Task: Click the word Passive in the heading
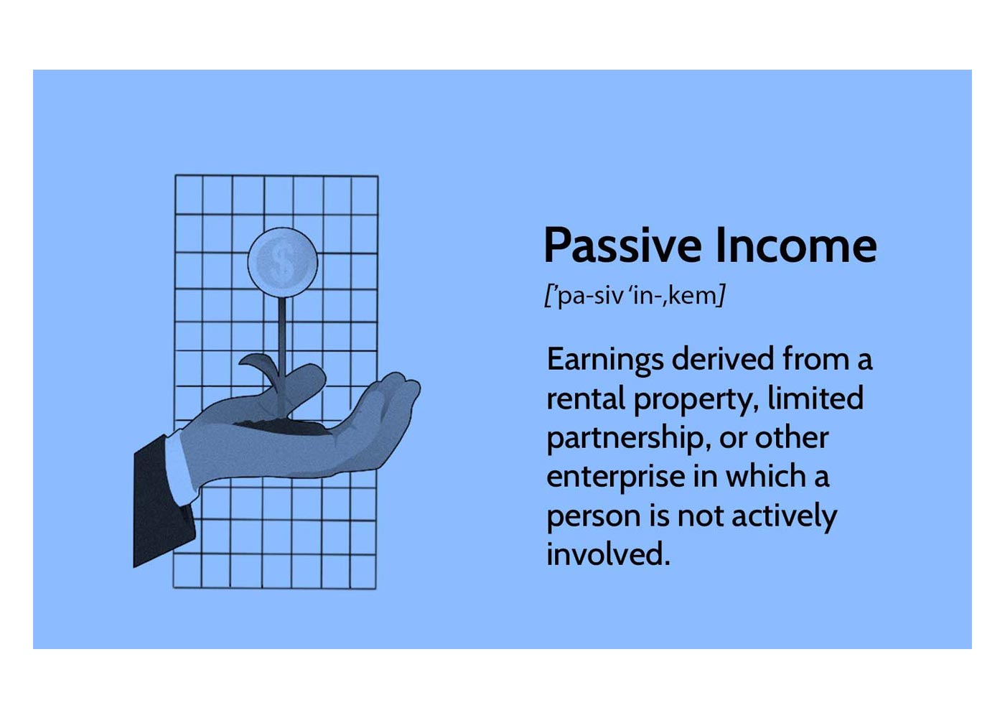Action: point(622,246)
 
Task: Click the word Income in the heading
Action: point(795,246)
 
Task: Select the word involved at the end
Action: point(607,554)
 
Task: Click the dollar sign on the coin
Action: point(282,261)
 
